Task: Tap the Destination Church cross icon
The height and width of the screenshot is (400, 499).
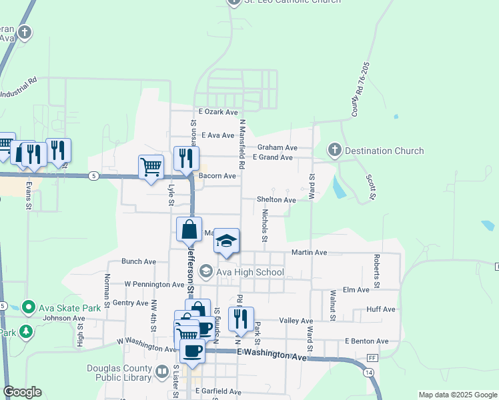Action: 335,151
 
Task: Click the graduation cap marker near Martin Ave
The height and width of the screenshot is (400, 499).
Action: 227,241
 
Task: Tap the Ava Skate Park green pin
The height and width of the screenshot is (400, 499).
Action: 28,307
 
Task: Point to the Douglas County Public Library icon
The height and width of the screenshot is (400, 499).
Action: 162,371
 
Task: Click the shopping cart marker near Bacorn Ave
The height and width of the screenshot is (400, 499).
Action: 151,167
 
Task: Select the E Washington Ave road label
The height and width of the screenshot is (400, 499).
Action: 271,355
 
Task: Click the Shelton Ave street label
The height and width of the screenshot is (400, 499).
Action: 277,200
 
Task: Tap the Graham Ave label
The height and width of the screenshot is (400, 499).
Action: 277,147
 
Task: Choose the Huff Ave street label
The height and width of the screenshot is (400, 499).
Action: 381,309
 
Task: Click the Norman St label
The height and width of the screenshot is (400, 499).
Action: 107,287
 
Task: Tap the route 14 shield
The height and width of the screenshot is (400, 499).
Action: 369,371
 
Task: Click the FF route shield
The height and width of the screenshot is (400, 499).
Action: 372,358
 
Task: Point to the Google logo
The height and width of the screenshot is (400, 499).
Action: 22,392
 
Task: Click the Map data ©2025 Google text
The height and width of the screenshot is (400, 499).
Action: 458,395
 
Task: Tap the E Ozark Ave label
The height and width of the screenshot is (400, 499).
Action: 218,113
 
